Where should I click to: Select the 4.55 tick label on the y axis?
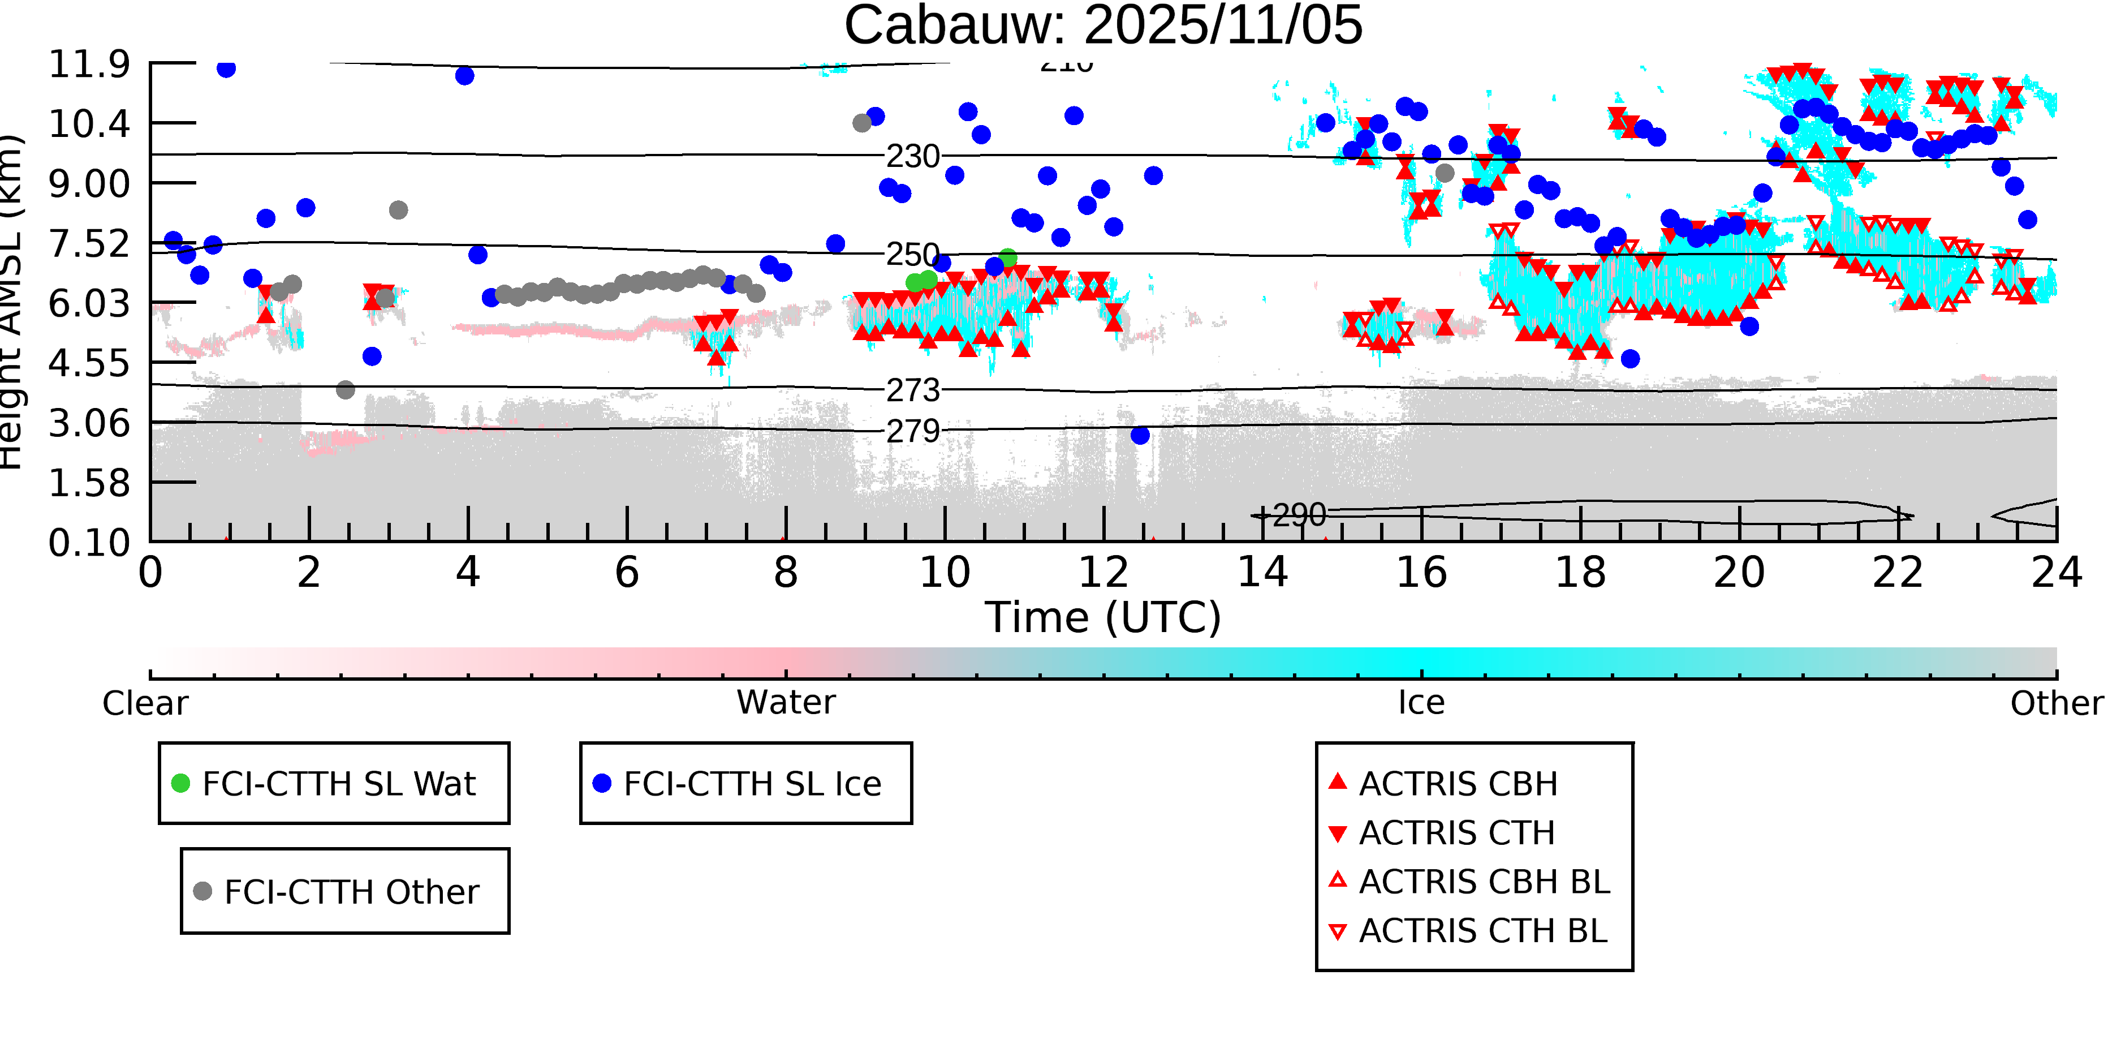pyautogui.click(x=89, y=363)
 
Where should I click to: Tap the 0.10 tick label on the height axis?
pyautogui.click(x=89, y=543)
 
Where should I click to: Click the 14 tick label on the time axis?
pyautogui.click(x=1262, y=573)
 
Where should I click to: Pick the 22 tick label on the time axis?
pyautogui.click(x=1898, y=573)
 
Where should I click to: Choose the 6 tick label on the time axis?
pyautogui.click(x=627, y=573)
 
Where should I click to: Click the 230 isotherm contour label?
pyautogui.click(x=912, y=156)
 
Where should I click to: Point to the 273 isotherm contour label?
pyautogui.click(x=912, y=390)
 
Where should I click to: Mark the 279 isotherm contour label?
pyautogui.click(x=912, y=431)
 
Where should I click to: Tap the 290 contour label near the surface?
pyautogui.click(x=1299, y=516)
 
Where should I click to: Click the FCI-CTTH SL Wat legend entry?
pyautogui.click(x=338, y=783)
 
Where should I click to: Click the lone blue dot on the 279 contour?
pyautogui.click(x=1140, y=435)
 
